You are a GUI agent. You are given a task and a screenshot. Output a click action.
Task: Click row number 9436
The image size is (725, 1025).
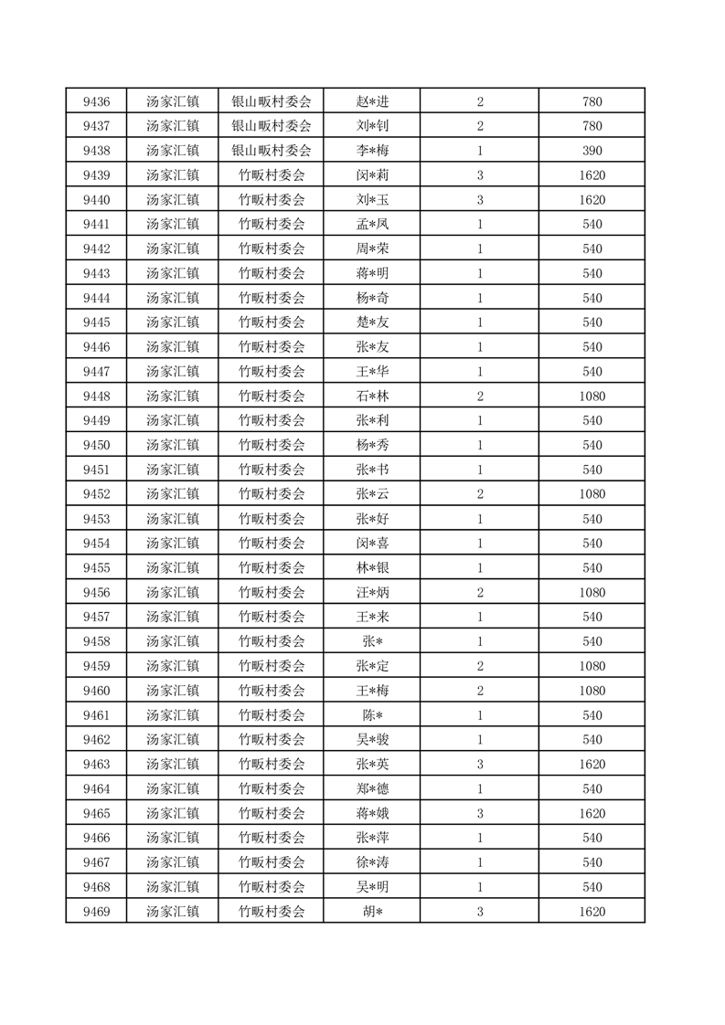coord(96,100)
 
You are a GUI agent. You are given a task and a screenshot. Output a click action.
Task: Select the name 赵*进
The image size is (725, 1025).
coord(372,100)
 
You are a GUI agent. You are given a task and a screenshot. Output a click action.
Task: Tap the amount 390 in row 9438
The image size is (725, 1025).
coord(592,150)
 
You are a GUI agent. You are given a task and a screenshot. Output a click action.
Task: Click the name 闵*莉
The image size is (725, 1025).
coord(372,174)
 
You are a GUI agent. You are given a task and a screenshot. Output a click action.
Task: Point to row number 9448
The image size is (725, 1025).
coord(96,396)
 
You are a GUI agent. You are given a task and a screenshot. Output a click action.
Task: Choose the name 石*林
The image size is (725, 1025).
coord(372,396)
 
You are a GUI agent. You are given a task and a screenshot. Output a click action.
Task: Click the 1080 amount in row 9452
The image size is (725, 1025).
coord(592,494)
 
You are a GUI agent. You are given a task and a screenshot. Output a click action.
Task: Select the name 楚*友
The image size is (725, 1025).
coord(372,322)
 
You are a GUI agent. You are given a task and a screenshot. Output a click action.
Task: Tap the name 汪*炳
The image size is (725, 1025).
coord(372,592)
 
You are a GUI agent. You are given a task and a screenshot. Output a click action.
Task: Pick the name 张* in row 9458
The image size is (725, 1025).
coord(372,641)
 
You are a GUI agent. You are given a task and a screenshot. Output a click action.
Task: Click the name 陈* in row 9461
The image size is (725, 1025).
coord(372,715)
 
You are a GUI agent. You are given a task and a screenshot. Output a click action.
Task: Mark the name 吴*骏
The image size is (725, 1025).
coord(372,740)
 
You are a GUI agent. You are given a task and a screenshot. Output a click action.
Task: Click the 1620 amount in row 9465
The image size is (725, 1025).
coord(592,813)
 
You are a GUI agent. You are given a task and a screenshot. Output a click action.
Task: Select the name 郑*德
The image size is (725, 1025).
coord(372,788)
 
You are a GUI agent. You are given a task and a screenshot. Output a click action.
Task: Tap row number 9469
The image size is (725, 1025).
coord(96,912)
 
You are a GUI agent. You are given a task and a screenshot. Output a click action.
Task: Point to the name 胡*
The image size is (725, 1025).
coord(372,912)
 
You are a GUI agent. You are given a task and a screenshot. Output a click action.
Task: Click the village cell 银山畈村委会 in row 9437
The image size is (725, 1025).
coord(271,125)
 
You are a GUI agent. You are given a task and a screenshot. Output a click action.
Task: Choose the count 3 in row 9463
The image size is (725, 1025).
coord(480,765)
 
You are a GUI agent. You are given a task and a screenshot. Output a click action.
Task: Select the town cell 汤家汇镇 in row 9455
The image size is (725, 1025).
coord(172,567)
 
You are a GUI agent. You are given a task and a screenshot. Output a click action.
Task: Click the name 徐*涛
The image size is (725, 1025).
coord(372,862)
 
